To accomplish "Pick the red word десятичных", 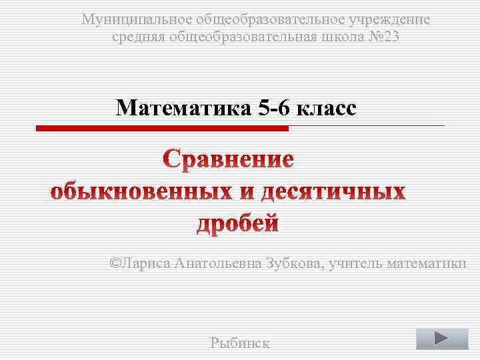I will pyautogui.click(x=332, y=192).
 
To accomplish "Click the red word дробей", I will pyautogui.click(x=237, y=223).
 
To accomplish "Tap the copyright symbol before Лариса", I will pyautogui.click(x=115, y=263).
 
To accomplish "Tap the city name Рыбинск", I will pyautogui.click(x=239, y=343).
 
